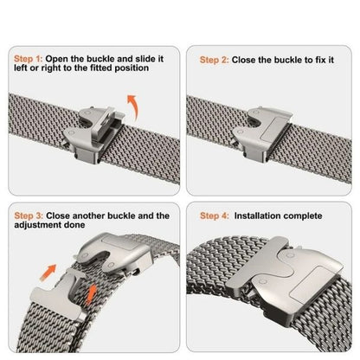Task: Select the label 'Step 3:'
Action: point(28,215)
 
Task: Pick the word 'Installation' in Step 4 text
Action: point(260,215)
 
